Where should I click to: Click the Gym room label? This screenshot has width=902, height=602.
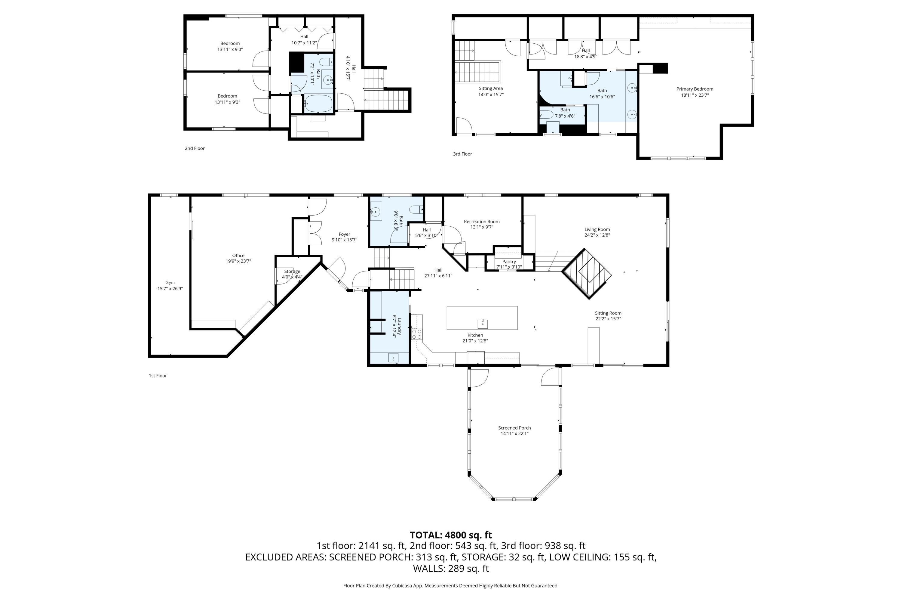pyautogui.click(x=170, y=283)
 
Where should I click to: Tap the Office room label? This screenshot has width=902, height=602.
pyautogui.click(x=238, y=255)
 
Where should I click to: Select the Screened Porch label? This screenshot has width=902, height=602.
pyautogui.click(x=514, y=428)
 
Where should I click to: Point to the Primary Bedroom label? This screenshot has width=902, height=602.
pyautogui.click(x=695, y=89)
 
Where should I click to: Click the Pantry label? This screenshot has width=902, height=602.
pyautogui.click(x=509, y=262)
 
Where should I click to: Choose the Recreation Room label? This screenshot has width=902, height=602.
pyautogui.click(x=482, y=222)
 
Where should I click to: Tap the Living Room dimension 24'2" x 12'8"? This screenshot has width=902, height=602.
pyautogui.click(x=597, y=235)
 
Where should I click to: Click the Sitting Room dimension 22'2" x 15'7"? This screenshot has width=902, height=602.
pyautogui.click(x=608, y=319)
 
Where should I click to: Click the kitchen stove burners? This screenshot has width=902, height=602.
pyautogui.click(x=417, y=334)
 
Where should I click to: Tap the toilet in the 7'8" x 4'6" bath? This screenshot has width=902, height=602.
pyautogui.click(x=547, y=114)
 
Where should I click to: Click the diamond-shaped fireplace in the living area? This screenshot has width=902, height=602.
pyautogui.click(x=586, y=273)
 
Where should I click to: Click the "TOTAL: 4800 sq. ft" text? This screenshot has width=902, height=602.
pyautogui.click(x=451, y=535)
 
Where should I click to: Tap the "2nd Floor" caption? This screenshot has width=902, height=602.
pyautogui.click(x=195, y=148)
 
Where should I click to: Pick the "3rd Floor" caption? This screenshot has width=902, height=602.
pyautogui.click(x=462, y=154)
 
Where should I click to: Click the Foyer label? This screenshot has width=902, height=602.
pyautogui.click(x=344, y=234)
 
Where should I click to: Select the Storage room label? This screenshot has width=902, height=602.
pyautogui.click(x=292, y=272)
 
